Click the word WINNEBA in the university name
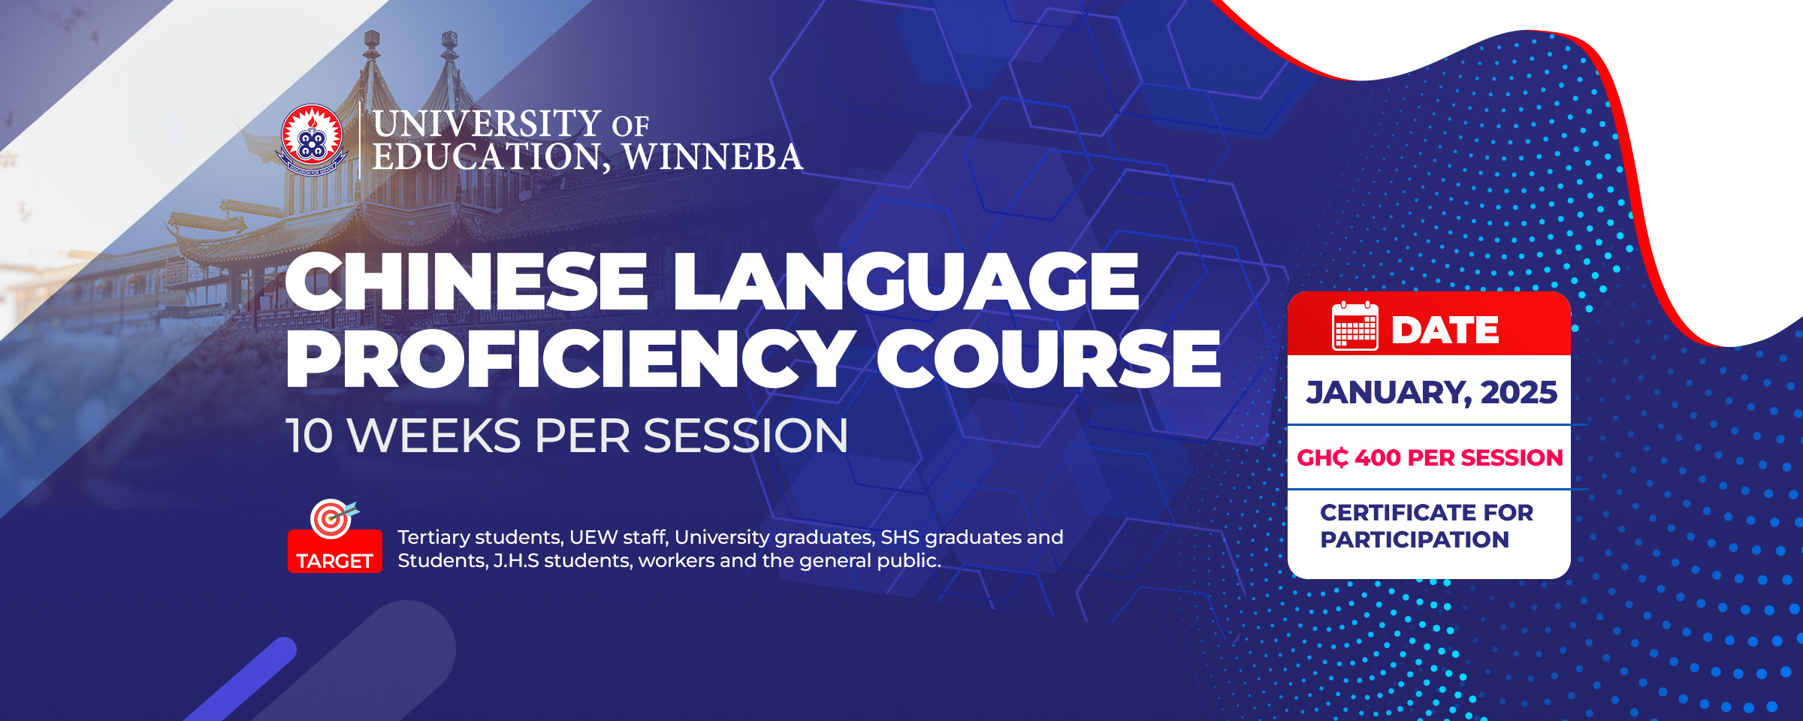[x=713, y=157]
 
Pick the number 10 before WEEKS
[x=309, y=436]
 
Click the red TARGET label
[x=334, y=560]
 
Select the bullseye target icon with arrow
[x=333, y=518]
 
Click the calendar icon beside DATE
[x=1355, y=327]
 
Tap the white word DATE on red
[x=1445, y=330]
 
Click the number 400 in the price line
[x=1378, y=457]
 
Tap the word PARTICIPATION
[x=1415, y=539]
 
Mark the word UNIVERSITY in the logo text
[x=487, y=124]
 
